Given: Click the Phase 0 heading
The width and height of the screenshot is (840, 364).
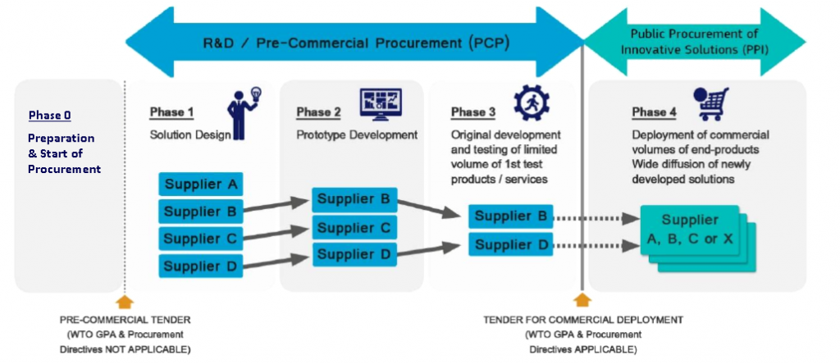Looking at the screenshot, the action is (x=50, y=115).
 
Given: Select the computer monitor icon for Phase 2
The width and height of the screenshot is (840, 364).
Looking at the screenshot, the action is (x=381, y=105).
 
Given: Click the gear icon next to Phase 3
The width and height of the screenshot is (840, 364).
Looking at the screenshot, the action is (x=532, y=102).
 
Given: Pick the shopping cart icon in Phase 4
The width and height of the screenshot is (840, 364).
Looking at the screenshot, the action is (x=710, y=104).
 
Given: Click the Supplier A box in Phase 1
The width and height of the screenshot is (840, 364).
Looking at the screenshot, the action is (x=201, y=184).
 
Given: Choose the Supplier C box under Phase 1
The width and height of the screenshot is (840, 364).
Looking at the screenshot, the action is (x=201, y=239).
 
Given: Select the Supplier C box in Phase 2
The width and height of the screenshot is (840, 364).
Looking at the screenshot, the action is (x=354, y=228).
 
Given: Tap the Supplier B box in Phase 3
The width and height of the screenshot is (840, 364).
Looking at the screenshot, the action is (x=510, y=216).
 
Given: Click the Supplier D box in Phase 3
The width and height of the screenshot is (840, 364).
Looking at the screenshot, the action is (x=510, y=244).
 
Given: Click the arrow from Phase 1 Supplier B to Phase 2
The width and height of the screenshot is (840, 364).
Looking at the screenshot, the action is (x=277, y=207).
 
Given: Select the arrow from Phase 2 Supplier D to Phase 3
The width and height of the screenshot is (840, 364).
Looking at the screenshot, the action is (x=428, y=250).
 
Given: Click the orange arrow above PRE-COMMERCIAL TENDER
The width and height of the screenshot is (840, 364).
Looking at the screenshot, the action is (x=125, y=302).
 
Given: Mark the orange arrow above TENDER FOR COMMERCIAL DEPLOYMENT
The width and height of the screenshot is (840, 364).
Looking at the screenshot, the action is (x=582, y=300).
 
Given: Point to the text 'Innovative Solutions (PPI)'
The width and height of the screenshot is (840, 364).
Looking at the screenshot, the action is (x=695, y=51).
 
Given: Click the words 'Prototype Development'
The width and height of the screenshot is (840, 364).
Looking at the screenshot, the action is (x=357, y=135).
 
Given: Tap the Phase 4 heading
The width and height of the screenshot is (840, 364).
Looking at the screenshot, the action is (x=654, y=112).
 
